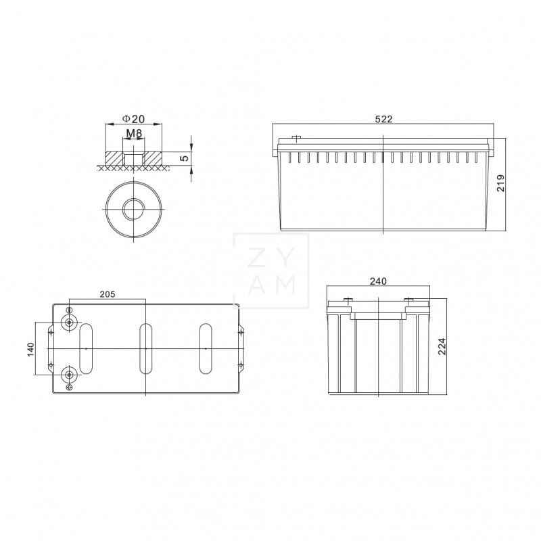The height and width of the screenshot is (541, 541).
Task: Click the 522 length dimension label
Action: [x=383, y=119]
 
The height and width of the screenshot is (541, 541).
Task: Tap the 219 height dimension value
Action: [x=501, y=183]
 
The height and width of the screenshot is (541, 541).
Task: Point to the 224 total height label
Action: [x=442, y=347]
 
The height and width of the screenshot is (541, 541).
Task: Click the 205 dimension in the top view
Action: [x=108, y=293]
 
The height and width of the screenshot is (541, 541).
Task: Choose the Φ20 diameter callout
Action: [x=134, y=118]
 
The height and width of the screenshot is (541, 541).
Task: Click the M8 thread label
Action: [x=134, y=134]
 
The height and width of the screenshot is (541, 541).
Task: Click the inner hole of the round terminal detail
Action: [x=134, y=208]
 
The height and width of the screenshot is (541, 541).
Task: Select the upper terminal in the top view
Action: [x=68, y=322]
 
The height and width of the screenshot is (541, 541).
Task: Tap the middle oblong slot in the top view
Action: [x=145, y=348]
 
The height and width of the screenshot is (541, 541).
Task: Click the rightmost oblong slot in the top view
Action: [x=206, y=348]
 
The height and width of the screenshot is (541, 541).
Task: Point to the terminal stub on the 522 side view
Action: [x=296, y=139]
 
